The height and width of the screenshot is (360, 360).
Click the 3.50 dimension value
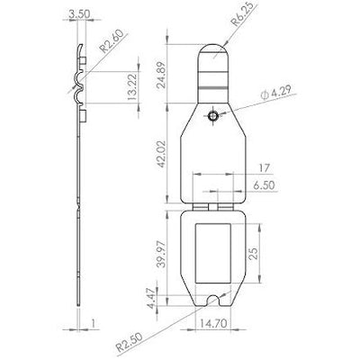click(79, 14)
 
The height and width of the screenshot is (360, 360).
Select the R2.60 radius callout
click(112, 41)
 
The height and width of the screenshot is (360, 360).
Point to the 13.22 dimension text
click(132, 86)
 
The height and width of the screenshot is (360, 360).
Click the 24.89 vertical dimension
click(162, 75)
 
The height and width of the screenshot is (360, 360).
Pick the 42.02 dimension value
click(162, 154)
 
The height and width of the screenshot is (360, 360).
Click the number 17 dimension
click(264, 168)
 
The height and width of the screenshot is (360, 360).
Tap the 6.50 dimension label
click(264, 185)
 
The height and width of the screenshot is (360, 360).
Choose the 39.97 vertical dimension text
click(162, 254)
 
